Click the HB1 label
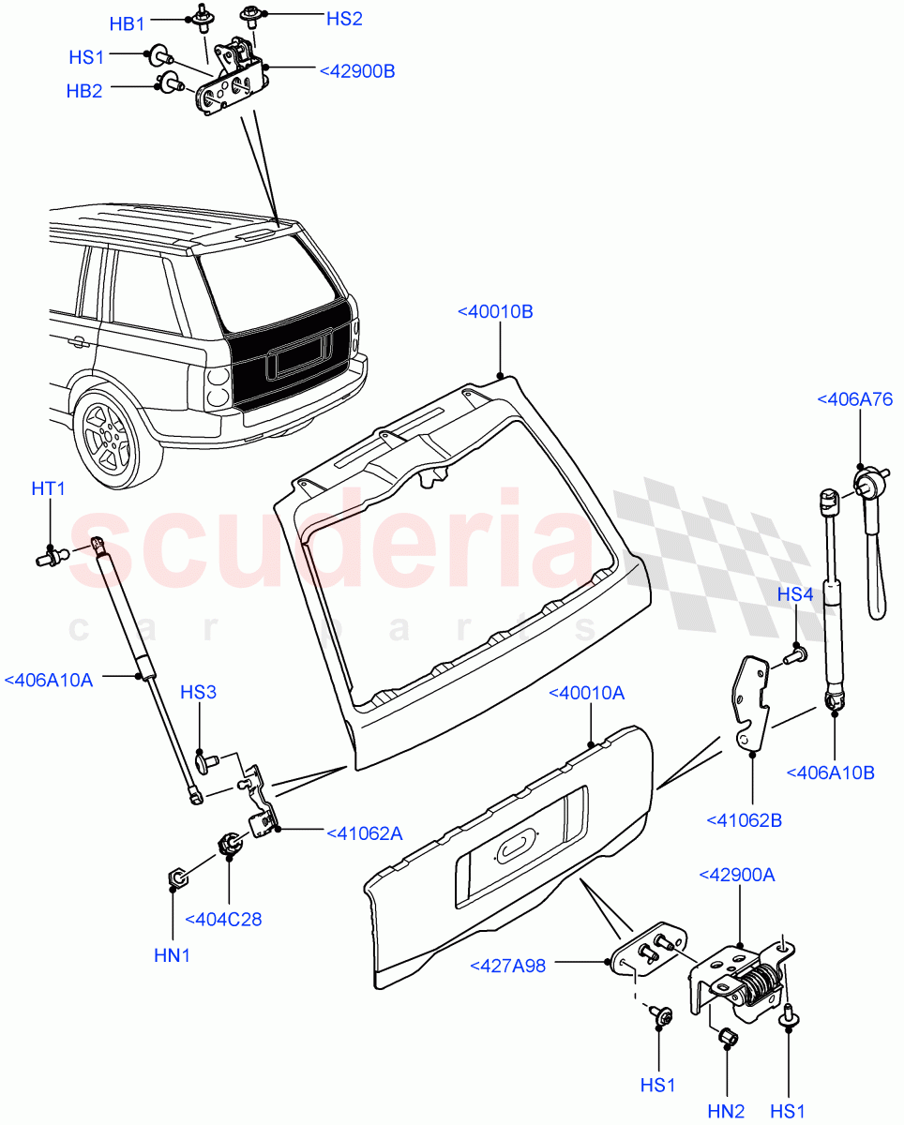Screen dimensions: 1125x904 coord(128,24)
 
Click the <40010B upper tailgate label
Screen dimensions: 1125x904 coord(495,311)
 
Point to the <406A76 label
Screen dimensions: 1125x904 coord(854,399)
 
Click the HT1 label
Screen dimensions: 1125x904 coord(49,488)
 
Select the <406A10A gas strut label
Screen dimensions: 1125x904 coord(49,680)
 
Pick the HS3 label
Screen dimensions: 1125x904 coord(198,693)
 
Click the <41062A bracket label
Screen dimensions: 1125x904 coord(364,832)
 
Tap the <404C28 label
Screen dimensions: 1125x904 coord(223,920)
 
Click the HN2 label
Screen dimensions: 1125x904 coord(726,1111)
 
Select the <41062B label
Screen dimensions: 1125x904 coord(744,821)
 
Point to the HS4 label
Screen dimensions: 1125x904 coord(794,594)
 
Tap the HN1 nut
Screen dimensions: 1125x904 coord(174,878)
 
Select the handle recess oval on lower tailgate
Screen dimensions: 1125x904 coord(515,848)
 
